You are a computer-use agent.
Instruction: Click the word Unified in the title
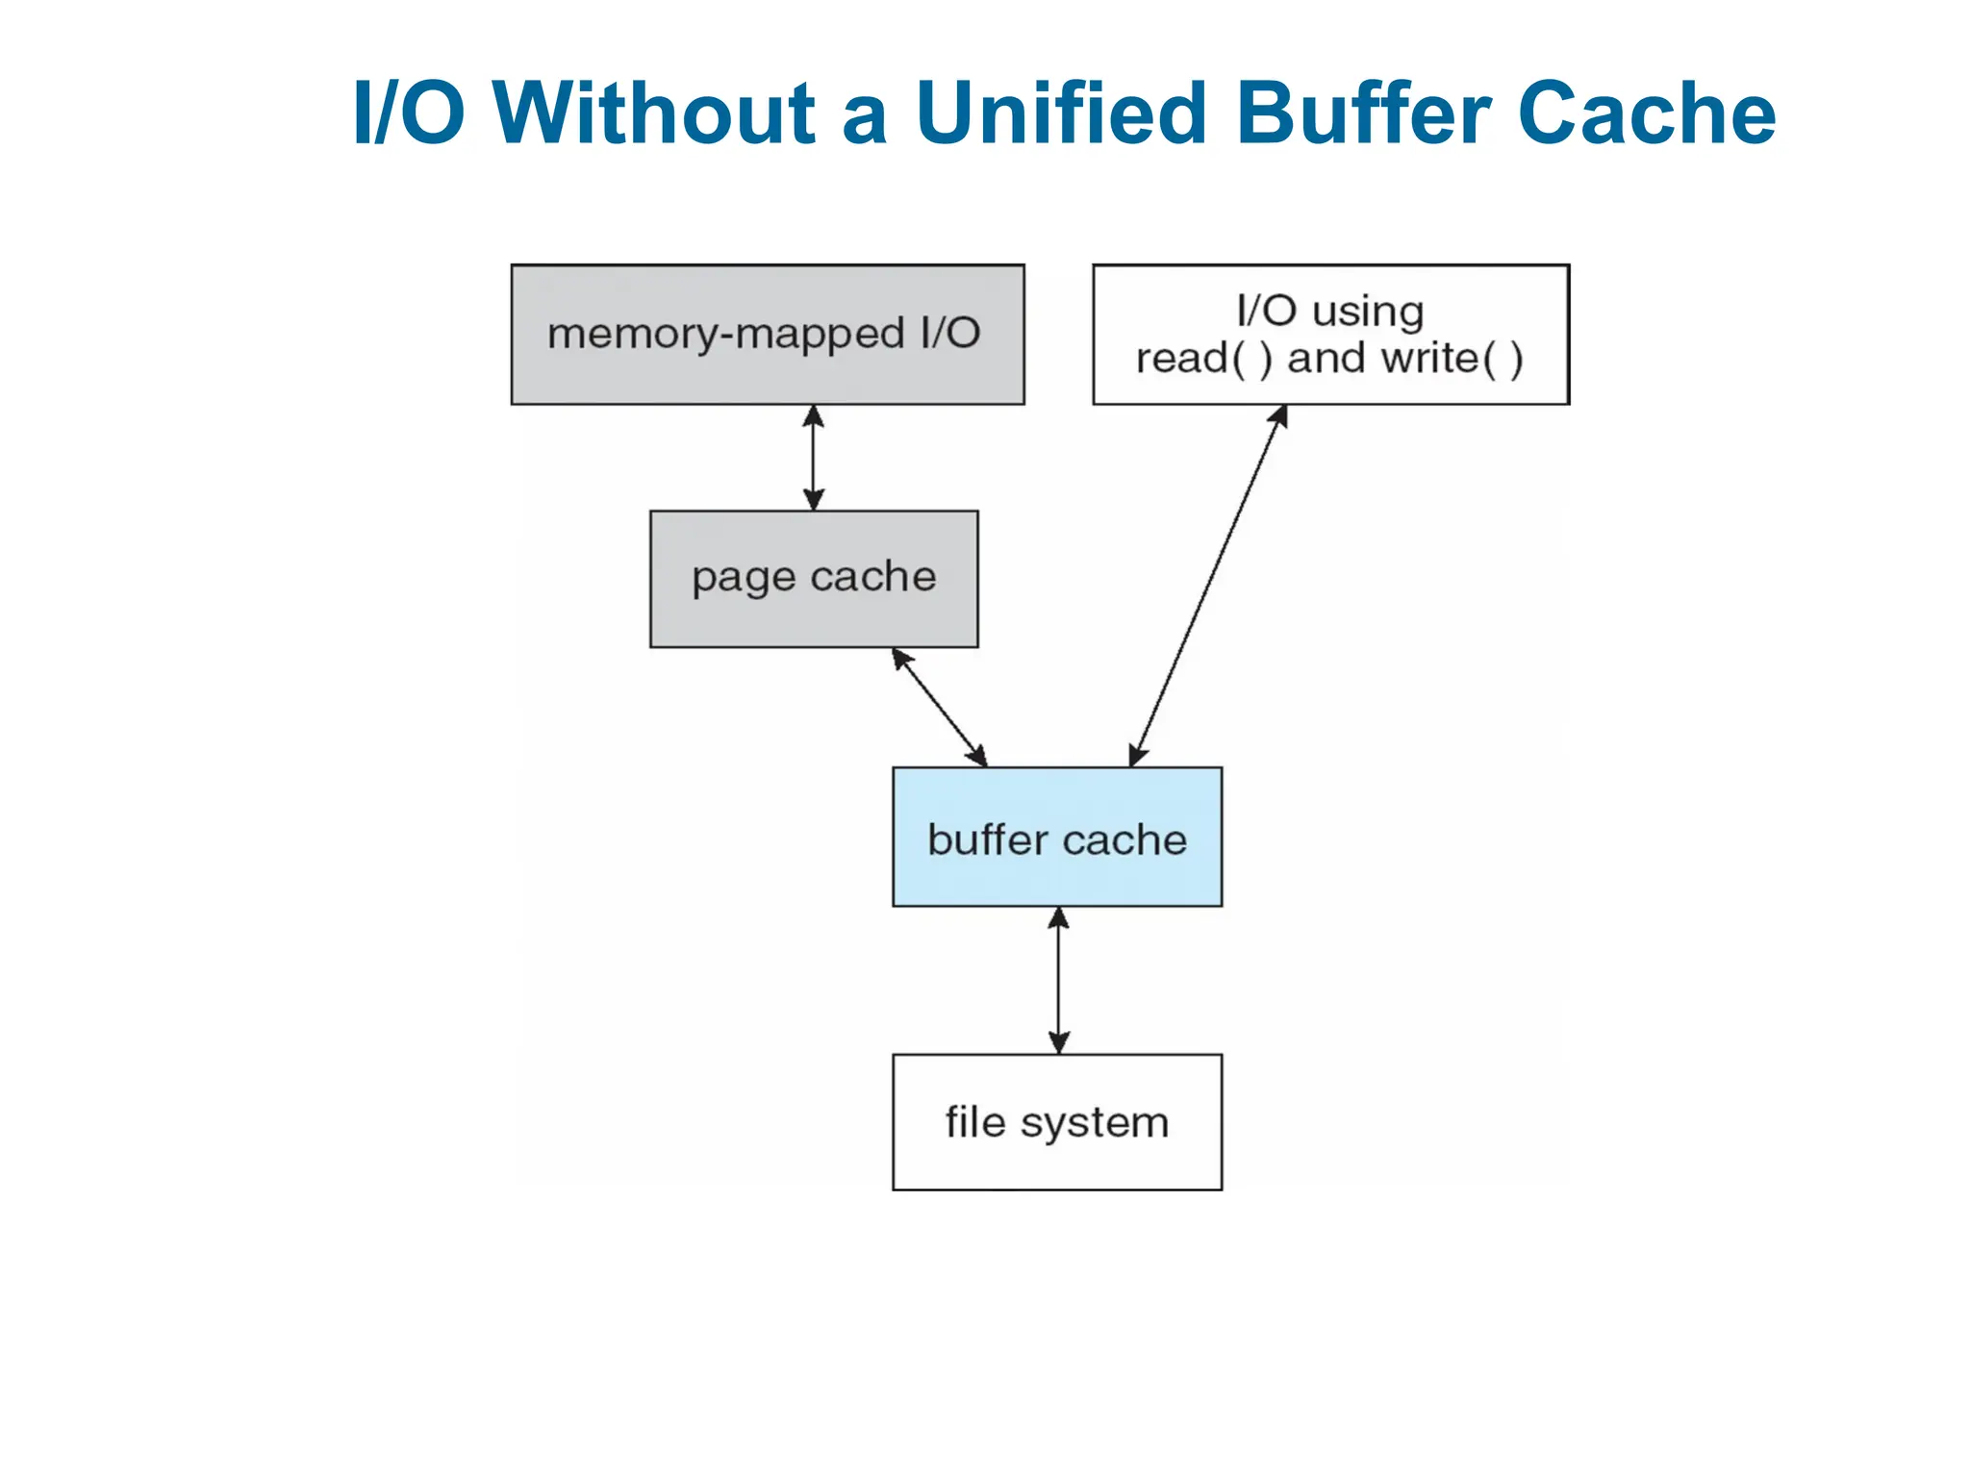click(x=1060, y=113)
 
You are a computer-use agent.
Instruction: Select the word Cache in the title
click(x=1646, y=113)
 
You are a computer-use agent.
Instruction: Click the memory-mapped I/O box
click(x=767, y=335)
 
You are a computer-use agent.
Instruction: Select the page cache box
click(x=814, y=579)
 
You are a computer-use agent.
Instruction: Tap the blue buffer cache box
click(x=1056, y=837)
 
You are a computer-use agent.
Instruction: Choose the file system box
click(x=1056, y=1122)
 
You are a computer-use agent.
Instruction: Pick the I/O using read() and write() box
click(x=1330, y=335)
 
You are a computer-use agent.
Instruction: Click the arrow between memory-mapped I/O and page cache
click(x=814, y=458)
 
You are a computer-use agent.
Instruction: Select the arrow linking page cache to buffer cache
click(x=939, y=707)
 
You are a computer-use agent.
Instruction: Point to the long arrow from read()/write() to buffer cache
click(x=1207, y=586)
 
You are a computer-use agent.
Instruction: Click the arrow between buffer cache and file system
click(x=1058, y=980)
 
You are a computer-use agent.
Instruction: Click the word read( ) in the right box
click(x=1203, y=359)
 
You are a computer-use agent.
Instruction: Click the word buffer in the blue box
click(x=987, y=839)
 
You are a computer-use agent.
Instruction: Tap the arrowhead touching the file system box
click(x=1058, y=1042)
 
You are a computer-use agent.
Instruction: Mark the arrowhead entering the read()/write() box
click(x=1278, y=416)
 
